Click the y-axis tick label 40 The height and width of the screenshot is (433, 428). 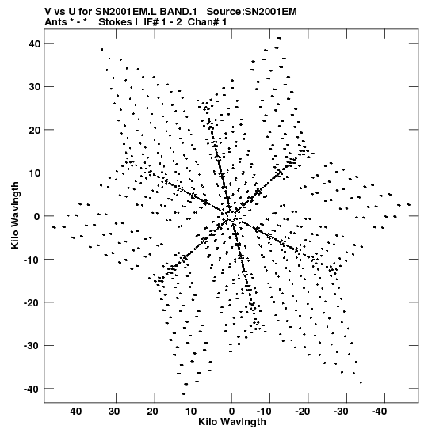(35, 44)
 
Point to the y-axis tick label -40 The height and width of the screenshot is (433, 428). (32, 389)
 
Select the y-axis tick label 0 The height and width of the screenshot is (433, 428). (37, 216)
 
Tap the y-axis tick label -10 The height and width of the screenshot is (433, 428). (32, 260)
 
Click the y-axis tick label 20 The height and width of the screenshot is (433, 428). (35, 130)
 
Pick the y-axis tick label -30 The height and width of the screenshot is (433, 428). (32, 346)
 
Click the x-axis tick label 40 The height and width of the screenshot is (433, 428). (76, 412)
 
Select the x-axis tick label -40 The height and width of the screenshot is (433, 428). (379, 412)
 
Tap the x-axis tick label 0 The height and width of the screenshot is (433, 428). (231, 412)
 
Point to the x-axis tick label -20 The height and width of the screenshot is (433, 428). (302, 412)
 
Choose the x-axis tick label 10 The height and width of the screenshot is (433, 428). (191, 412)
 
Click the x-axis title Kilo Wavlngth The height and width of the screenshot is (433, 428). (232, 422)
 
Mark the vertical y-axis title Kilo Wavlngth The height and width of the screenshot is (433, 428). (15, 215)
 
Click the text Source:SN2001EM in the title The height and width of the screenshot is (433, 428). (251, 12)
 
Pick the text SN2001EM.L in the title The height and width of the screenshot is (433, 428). (126, 12)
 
